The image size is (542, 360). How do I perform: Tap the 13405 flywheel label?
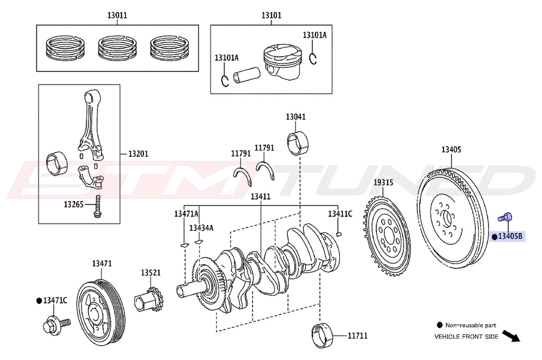click(451, 150)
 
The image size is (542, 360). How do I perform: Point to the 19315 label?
click(383, 183)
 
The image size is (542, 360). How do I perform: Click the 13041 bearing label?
click(296, 116)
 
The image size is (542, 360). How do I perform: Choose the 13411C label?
click(339, 214)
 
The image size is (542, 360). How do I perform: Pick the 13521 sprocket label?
click(150, 272)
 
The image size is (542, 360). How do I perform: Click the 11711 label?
click(357, 336)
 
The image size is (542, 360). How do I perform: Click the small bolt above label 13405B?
click(505, 217)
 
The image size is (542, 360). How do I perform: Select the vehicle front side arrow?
click(510, 336)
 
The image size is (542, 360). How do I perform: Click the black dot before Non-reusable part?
click(439, 325)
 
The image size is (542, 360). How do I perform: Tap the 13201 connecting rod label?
click(138, 154)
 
